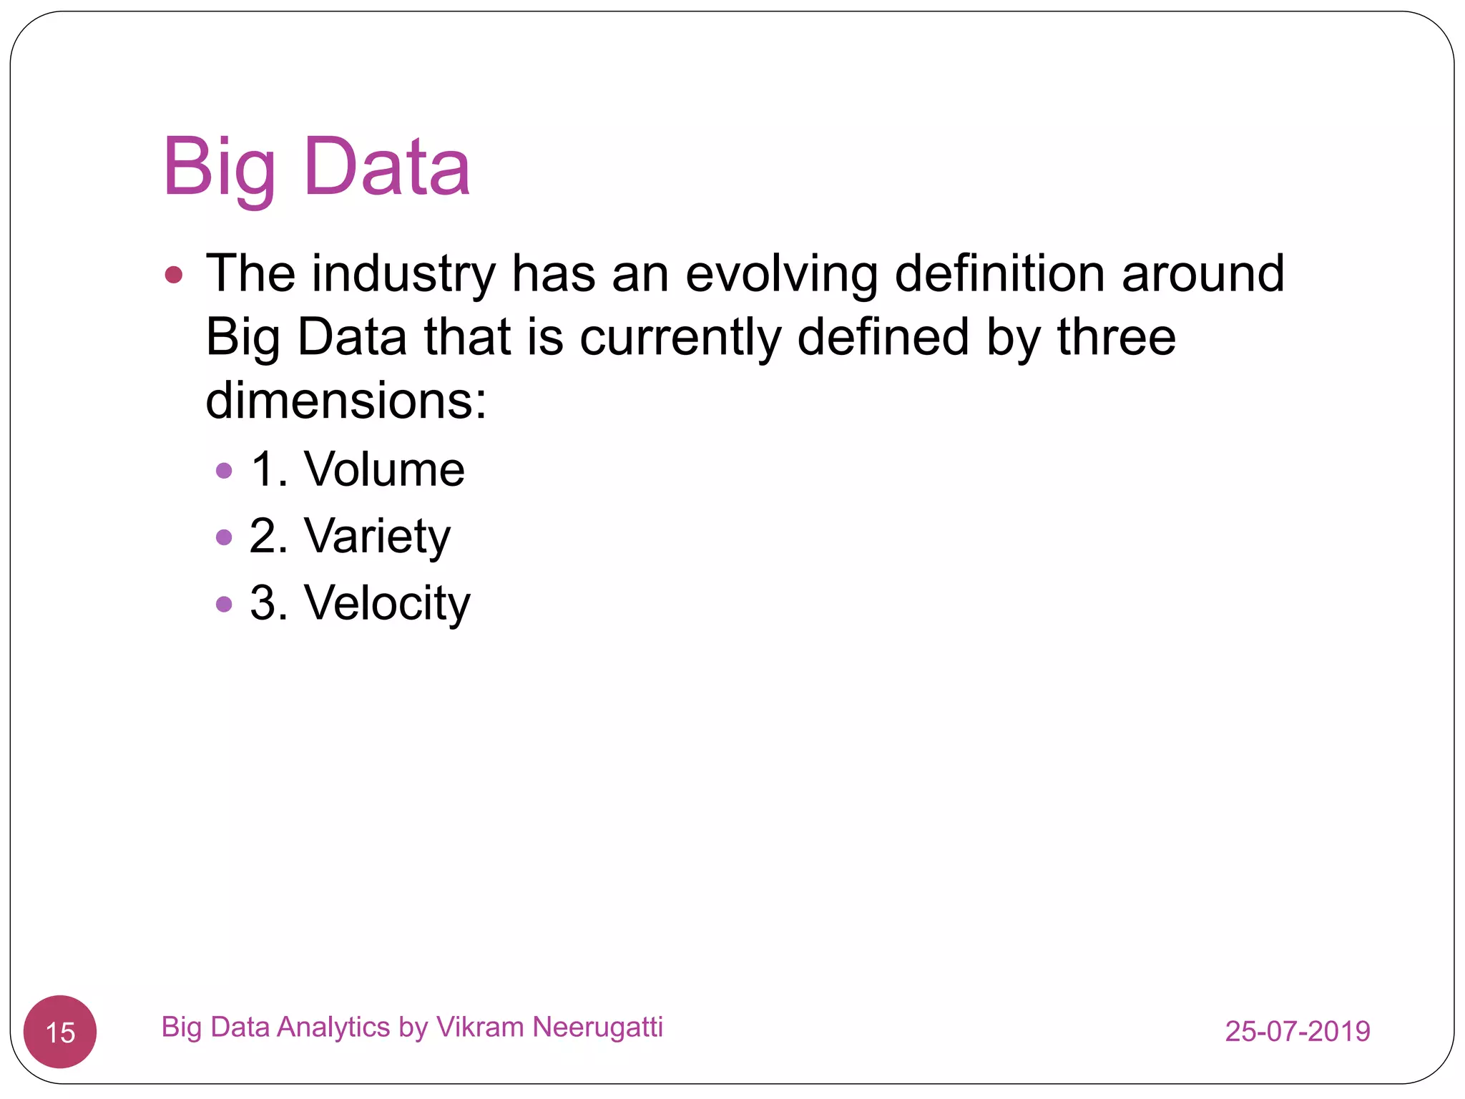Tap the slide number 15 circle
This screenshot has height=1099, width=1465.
[x=60, y=1032]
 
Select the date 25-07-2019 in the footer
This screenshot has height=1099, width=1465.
[x=1297, y=1031]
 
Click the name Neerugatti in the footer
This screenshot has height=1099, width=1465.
[x=598, y=1027]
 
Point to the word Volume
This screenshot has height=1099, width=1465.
[x=384, y=469]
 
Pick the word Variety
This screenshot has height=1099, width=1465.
[x=377, y=536]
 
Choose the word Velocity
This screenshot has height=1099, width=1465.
[x=387, y=602]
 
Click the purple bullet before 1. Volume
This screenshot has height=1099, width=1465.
[x=224, y=470]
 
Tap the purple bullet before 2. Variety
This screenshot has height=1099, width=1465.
[x=224, y=537]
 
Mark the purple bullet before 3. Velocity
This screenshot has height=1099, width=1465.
[x=224, y=604]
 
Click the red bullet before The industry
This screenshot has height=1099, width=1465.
[x=174, y=275]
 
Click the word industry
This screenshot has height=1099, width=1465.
[x=403, y=273]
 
